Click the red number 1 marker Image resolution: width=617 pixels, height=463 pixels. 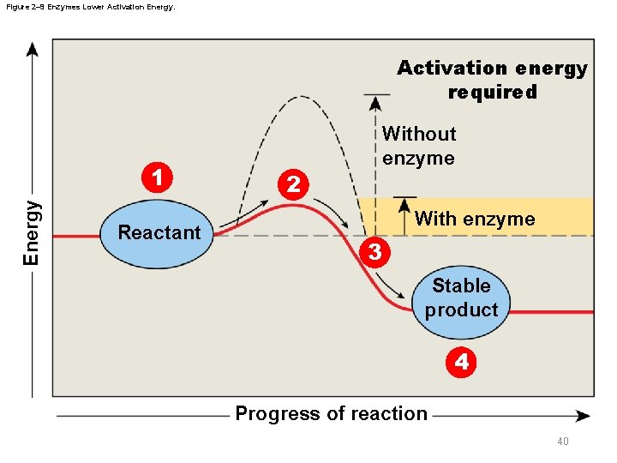coord(157,179)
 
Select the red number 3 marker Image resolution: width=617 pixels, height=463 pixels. coord(374,252)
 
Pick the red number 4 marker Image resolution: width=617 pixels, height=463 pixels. coord(461,362)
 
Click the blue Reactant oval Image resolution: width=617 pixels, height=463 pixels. coord(159,232)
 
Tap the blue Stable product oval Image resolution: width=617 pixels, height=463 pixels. coord(461,298)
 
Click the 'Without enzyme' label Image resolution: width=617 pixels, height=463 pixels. coord(419,146)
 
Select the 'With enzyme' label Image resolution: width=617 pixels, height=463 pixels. coord(475,219)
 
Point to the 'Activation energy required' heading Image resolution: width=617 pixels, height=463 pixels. coord(492,80)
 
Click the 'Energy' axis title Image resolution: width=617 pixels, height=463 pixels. coord(31,232)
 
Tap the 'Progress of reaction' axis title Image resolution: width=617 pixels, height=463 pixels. coord(331,414)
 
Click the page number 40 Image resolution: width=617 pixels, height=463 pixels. coord(563,442)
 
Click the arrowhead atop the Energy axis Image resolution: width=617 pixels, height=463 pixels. coord(33,48)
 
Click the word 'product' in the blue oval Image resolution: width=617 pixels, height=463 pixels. coord(461,310)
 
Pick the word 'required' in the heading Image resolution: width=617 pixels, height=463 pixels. coord(492,92)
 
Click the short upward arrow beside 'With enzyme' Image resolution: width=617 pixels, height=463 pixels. coord(398,209)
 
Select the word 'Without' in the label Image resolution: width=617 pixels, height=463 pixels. coord(419,134)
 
